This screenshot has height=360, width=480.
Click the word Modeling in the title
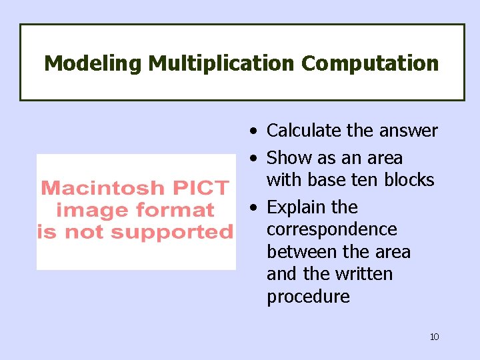click(93, 64)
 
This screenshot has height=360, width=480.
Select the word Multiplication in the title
click(221, 64)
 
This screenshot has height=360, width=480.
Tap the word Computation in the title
click(370, 64)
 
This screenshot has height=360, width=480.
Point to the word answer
click(408, 131)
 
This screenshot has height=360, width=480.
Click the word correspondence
click(331, 229)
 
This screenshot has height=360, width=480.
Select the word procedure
click(308, 297)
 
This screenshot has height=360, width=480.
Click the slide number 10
click(434, 337)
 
